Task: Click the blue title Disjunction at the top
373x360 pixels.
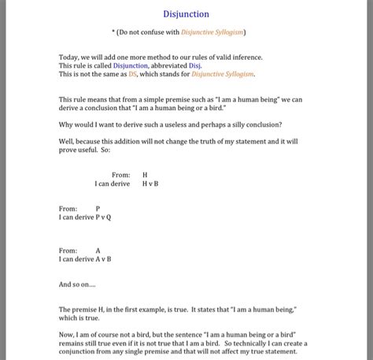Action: [x=186, y=13]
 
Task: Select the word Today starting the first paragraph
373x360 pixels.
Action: [x=68, y=58]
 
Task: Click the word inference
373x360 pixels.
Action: [x=246, y=58]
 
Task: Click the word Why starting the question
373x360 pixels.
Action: [x=67, y=125]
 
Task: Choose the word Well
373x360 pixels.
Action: [x=66, y=143]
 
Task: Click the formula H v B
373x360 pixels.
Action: [x=150, y=184]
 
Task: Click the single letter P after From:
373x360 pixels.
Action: [x=98, y=209]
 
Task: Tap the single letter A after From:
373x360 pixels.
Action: [x=98, y=250]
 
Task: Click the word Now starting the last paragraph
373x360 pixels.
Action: [x=67, y=335]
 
